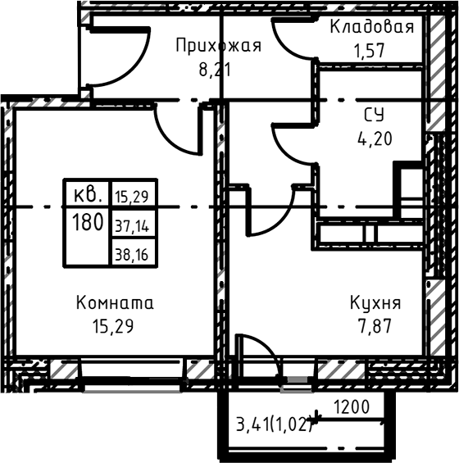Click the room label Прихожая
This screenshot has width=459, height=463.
[x=218, y=46]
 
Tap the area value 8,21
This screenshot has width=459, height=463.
[x=215, y=70]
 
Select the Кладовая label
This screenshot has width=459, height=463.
[x=372, y=27]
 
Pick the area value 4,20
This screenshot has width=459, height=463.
[x=374, y=138]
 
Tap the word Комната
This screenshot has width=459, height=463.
[x=115, y=302]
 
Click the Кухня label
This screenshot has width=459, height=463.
[x=375, y=302]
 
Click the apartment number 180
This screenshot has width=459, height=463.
[x=87, y=222]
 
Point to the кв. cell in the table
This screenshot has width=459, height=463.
[x=87, y=195]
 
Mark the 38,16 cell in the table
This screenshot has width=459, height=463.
[x=131, y=253]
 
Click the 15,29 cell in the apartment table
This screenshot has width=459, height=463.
[x=131, y=196]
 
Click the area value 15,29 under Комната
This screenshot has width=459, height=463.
[x=114, y=325]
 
